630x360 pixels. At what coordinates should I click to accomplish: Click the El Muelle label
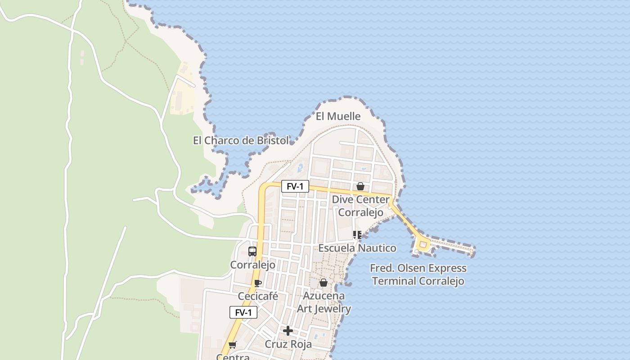(x=338, y=116)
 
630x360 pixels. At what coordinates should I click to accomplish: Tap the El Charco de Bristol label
(x=241, y=140)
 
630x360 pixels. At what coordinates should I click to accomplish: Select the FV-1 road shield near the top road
(x=295, y=186)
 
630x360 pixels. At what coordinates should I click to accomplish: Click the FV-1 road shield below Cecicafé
(x=243, y=312)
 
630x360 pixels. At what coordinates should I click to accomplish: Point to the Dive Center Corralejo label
(x=360, y=206)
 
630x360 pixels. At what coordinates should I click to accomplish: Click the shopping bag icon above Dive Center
(x=360, y=186)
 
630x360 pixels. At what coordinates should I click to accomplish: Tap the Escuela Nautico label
(x=357, y=248)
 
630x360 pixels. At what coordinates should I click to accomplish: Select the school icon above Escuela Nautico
(x=357, y=234)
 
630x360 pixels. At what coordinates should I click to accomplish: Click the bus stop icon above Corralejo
(x=252, y=252)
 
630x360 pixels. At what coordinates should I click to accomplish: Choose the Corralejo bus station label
(x=252, y=265)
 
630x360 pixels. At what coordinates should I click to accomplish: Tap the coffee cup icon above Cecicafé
(x=257, y=283)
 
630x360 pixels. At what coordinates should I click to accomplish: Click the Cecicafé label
(x=258, y=297)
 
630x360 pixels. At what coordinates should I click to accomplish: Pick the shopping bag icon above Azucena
(x=323, y=283)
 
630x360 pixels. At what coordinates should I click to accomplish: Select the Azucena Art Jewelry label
(x=324, y=302)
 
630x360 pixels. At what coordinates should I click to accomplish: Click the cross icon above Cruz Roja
(x=288, y=331)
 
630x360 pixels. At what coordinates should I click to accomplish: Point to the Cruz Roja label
(x=288, y=344)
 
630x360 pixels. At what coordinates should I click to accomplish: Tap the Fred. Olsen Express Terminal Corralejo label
(x=418, y=274)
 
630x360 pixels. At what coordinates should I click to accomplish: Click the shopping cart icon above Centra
(x=232, y=345)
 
